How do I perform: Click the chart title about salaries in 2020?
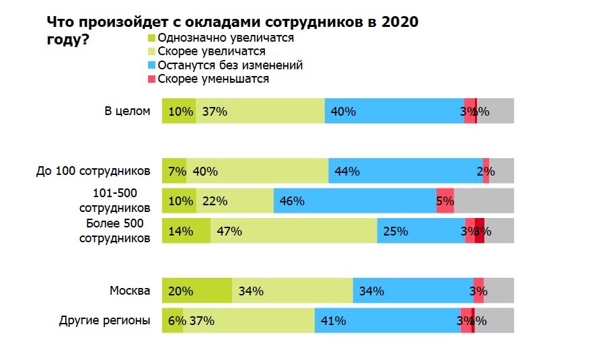(232, 30)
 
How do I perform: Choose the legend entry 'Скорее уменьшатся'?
(213, 79)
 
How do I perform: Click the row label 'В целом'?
(127, 111)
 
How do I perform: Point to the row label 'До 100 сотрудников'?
(93, 171)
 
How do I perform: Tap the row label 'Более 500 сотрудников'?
(114, 230)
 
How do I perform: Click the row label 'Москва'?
(131, 291)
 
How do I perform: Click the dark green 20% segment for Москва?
(197, 291)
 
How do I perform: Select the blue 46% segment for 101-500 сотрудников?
(355, 201)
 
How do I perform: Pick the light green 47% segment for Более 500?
(293, 231)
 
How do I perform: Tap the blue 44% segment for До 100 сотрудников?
(405, 171)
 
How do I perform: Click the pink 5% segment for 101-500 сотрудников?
(445, 201)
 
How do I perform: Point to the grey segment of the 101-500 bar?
(484, 201)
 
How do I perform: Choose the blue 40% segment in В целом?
(394, 111)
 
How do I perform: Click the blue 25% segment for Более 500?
(420, 231)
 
